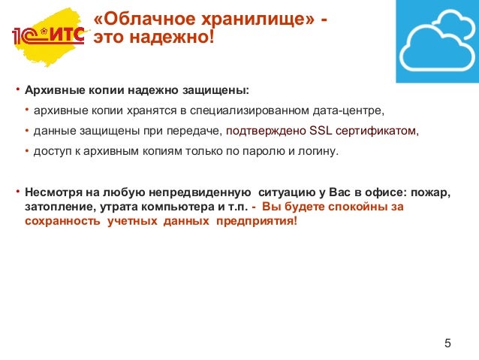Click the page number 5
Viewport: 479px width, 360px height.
448,344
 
